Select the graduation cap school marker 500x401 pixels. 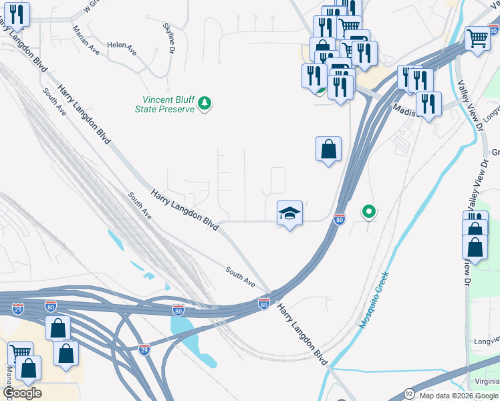pos(289,213)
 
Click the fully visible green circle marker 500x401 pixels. pos(368,213)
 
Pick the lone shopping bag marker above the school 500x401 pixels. pos(328,149)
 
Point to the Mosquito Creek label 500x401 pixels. pos(374,299)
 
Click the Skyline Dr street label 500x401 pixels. pos(169,38)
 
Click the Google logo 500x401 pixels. pos(22,393)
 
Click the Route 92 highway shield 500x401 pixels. pos(409,393)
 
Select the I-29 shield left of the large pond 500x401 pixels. pos(144,349)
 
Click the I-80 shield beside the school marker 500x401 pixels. pos(340,219)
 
